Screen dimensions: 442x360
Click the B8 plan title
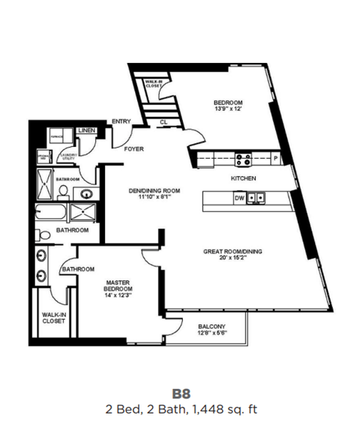(180, 393)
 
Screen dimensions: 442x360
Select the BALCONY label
(213, 327)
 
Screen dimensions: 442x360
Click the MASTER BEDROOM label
(118, 285)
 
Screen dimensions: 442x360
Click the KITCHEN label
(244, 178)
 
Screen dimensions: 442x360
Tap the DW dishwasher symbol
(239, 199)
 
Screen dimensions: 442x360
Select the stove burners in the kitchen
(244, 159)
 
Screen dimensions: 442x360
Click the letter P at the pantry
(275, 159)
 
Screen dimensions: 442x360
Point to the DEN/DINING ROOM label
(154, 190)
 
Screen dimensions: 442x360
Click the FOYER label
(133, 148)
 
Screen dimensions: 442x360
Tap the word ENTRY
(121, 122)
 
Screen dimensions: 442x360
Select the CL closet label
(163, 121)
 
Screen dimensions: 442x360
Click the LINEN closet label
(87, 131)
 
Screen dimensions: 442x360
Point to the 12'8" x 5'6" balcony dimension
(213, 334)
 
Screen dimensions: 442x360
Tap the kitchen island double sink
(257, 199)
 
